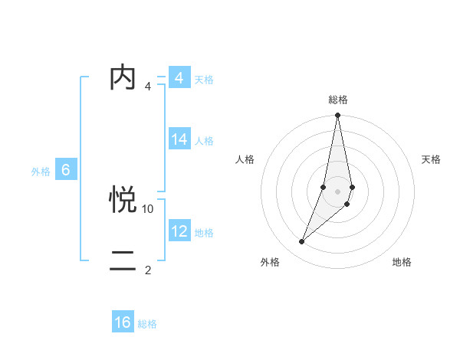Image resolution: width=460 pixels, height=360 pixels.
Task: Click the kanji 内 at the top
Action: click(123, 78)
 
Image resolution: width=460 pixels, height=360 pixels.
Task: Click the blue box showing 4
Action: click(179, 78)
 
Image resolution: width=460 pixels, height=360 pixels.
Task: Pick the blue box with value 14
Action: click(179, 139)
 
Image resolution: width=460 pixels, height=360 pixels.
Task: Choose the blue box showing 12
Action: click(179, 231)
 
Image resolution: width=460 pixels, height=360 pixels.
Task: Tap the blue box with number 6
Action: click(66, 170)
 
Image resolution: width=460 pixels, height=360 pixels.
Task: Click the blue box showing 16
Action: click(123, 322)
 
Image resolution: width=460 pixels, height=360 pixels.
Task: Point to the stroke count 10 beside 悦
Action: click(148, 208)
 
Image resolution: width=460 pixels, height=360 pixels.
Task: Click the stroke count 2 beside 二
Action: click(148, 270)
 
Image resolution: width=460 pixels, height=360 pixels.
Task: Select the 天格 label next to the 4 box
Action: click(204, 80)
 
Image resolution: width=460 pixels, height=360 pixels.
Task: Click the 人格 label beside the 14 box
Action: click(204, 141)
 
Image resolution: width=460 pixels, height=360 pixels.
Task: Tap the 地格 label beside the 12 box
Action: click(204, 233)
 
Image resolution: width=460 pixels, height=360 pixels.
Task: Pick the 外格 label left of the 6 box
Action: click(41, 172)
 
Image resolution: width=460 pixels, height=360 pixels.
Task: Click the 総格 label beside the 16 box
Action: click(147, 324)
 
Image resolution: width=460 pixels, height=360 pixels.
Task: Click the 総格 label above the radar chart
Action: click(337, 100)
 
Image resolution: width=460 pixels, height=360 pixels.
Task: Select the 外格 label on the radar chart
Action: click(269, 262)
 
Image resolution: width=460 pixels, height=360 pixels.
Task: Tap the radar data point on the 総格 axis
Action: click(337, 116)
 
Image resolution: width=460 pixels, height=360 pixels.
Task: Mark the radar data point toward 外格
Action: click(301, 242)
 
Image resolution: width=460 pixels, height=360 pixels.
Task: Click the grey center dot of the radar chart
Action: click(337, 191)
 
